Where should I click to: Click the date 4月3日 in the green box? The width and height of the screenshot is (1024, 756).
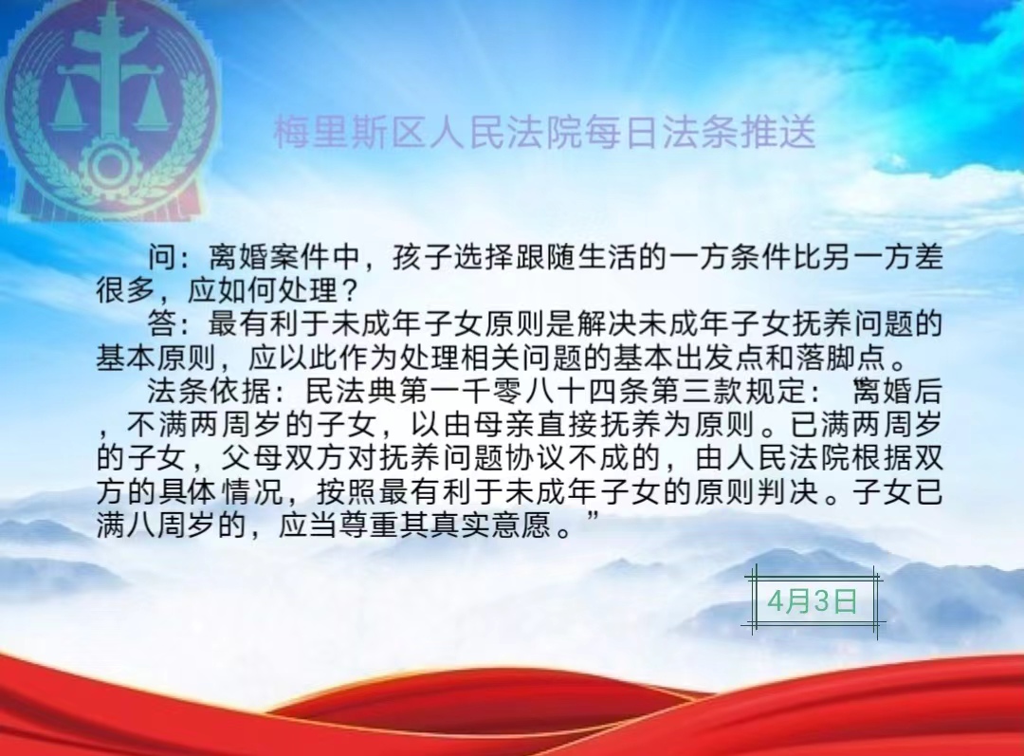[812, 600]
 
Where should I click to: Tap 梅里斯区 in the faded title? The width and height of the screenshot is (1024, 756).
[351, 133]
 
